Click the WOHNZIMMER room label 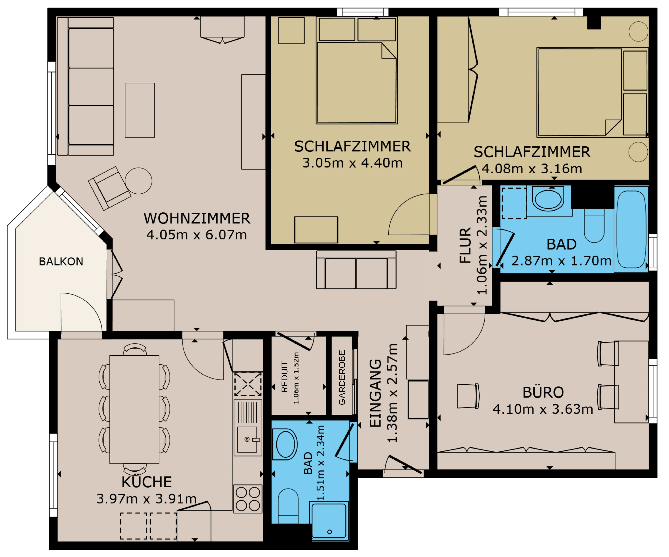coord(197,219)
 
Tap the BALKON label coord(61,262)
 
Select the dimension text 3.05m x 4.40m coord(352,163)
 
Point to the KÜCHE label coord(147,482)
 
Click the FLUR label coord(465,245)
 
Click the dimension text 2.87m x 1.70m coord(561,261)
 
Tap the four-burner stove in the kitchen coord(248,499)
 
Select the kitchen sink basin coord(247,439)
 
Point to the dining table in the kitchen coord(134,409)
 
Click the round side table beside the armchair coord(138,181)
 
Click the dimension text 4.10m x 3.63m coord(543,409)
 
